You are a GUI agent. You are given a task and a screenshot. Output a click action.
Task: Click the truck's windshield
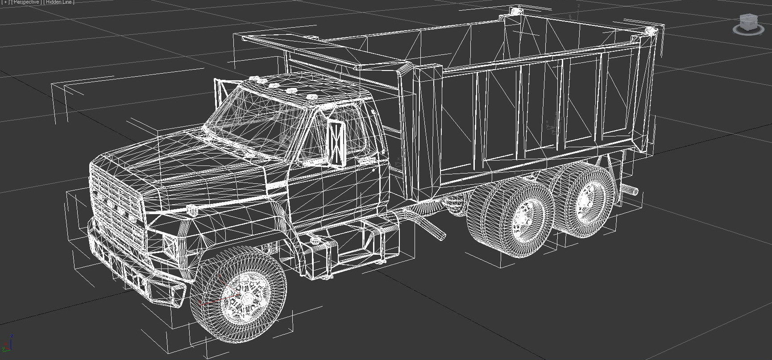(x=254, y=120)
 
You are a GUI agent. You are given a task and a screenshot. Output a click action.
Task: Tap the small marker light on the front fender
(x=193, y=211)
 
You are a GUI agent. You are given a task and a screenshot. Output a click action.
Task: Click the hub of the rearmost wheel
(x=586, y=203)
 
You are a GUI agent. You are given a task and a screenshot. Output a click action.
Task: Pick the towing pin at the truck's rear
(x=632, y=191)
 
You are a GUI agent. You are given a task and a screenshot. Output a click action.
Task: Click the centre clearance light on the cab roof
(x=291, y=91)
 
